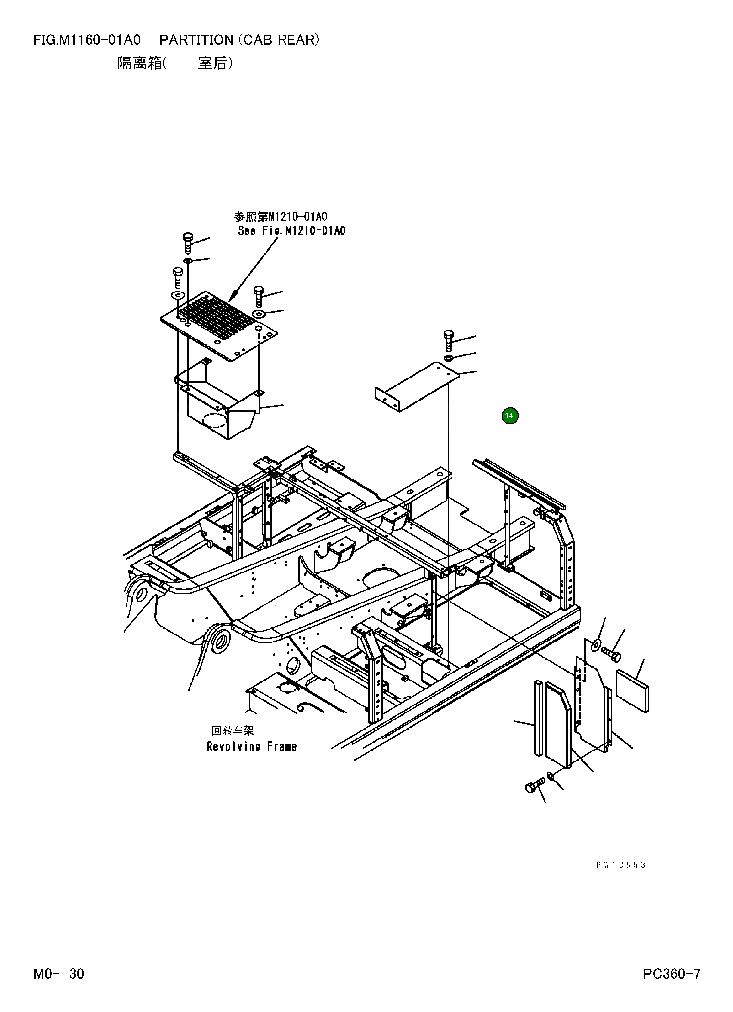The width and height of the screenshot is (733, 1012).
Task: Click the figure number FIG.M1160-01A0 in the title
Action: (87, 40)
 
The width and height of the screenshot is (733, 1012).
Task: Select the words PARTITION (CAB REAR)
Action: (239, 40)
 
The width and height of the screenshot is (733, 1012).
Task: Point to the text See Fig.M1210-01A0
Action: (291, 231)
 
